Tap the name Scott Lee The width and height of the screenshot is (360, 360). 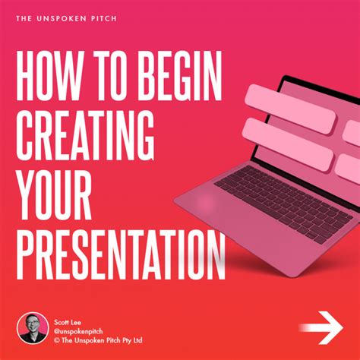67,310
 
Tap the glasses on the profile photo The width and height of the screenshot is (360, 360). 32,322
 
